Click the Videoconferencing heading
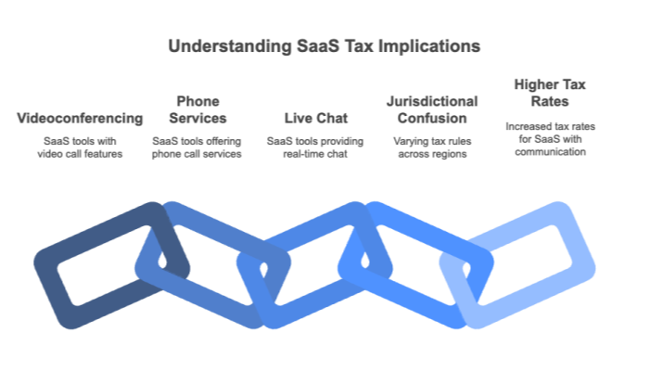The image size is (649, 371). [81, 118]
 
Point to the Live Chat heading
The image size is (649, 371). [315, 118]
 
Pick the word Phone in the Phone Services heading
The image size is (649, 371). [197, 100]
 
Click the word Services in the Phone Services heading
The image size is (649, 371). [197, 118]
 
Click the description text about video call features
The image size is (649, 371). [81, 147]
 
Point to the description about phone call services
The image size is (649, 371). [197, 147]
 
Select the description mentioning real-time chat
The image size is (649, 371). [315, 147]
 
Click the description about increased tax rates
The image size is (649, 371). [544, 138]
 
